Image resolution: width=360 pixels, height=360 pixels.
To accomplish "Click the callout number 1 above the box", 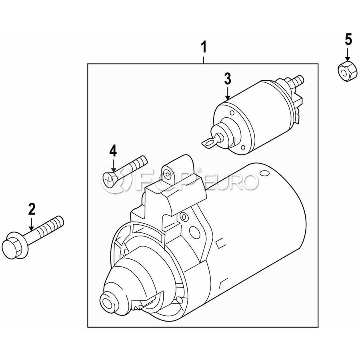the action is pos(204,47).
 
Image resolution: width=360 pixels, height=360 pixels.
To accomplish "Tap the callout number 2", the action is pos(32,209).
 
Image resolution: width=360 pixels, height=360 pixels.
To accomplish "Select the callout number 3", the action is pos(228,79).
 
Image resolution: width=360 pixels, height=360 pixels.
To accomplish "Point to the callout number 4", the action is pos(113,151).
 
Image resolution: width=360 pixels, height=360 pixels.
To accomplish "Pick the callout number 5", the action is pos(348,40).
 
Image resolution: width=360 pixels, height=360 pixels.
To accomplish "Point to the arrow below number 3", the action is pos(228,92).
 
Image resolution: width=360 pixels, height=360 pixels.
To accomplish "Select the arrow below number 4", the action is pos(113,164).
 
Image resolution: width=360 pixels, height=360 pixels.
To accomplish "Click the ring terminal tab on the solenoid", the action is pos(209,143).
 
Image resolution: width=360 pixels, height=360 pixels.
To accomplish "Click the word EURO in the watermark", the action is pos(230,182).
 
